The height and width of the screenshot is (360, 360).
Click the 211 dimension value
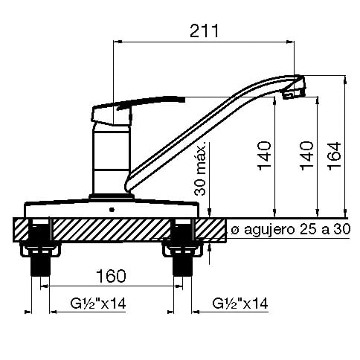pos(202,30)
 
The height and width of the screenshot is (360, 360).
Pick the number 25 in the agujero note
pos(305,228)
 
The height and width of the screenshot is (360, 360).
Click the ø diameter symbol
pos(234,229)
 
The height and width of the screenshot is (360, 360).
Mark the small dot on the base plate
pos(112,209)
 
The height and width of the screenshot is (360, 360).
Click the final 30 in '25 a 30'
pos(341,228)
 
